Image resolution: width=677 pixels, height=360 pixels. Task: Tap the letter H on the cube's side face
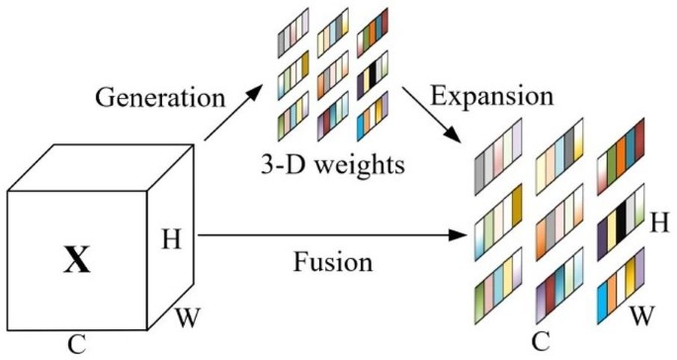[169, 236]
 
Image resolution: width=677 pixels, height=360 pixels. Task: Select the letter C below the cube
[76, 345]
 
